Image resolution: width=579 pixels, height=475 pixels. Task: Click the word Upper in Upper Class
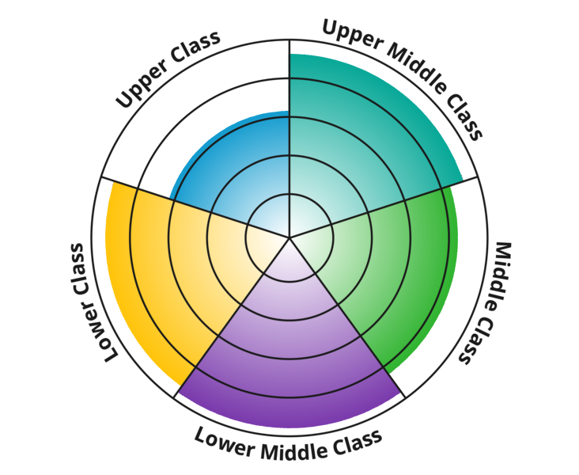click(x=144, y=85)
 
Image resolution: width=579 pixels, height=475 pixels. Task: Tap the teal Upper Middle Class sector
click(x=356, y=142)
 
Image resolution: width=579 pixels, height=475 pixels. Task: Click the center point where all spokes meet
click(x=289, y=237)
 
